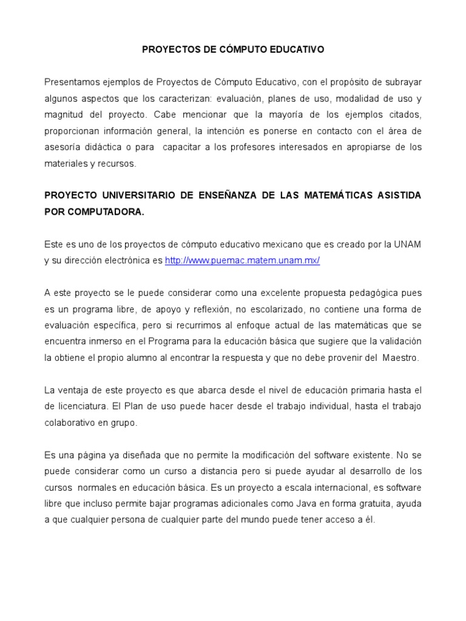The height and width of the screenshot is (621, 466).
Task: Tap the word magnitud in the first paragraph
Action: pyautogui.click(x=63, y=114)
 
